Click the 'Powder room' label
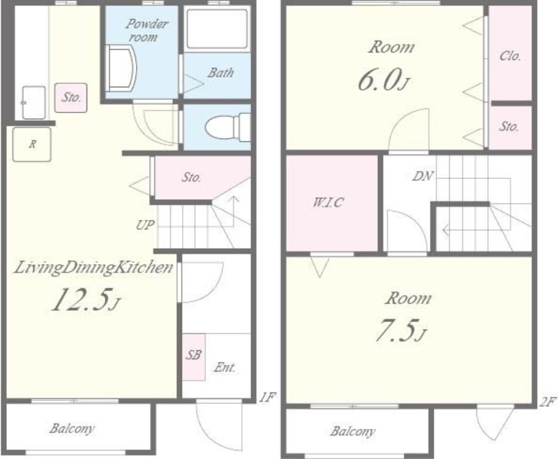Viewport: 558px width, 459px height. point(146,30)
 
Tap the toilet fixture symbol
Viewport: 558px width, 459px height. point(228,127)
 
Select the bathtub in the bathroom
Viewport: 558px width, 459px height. point(217,29)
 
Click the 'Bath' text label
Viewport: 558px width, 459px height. point(220,73)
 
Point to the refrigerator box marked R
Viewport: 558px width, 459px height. point(32,145)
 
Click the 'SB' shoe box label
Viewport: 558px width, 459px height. point(194,355)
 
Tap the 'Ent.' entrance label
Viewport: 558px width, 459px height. point(225,367)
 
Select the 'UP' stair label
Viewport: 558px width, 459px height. point(145,225)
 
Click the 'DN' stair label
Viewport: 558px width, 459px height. point(423,175)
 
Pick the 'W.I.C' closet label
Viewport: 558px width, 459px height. point(328,203)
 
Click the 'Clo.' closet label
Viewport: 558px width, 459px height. point(511,56)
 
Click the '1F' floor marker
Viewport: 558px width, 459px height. point(267,397)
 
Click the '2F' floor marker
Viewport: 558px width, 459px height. point(548,402)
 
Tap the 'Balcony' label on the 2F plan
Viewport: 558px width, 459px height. point(353,432)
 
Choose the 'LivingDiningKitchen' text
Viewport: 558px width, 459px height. point(93,268)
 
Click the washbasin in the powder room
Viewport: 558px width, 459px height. point(120,68)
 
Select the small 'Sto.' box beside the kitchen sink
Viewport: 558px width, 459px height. point(71,98)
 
